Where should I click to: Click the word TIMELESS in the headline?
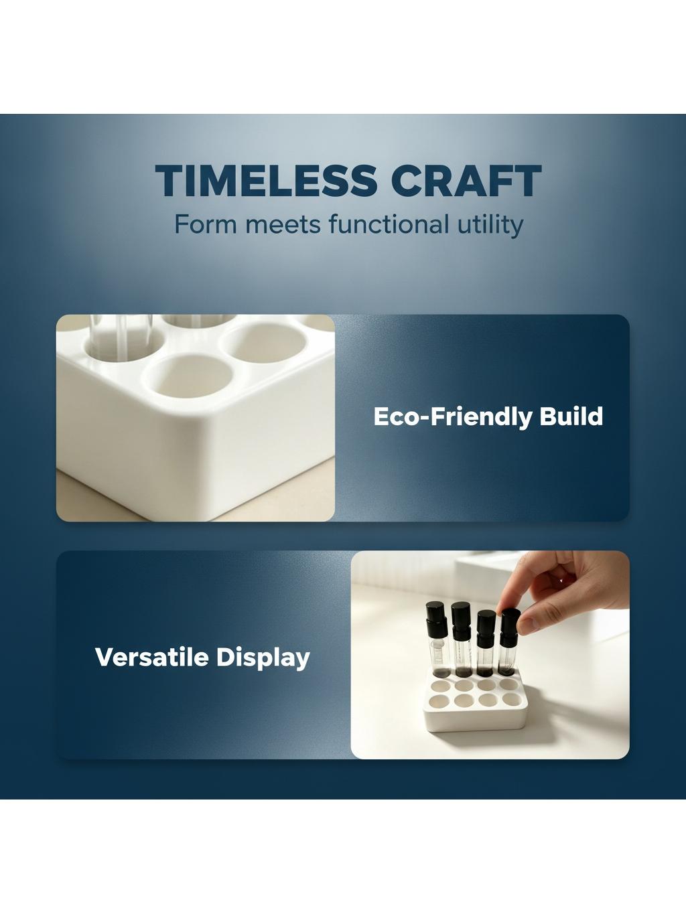(266, 180)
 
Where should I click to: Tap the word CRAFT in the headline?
(466, 180)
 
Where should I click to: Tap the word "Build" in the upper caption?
(571, 416)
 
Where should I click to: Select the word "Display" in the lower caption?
(263, 659)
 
